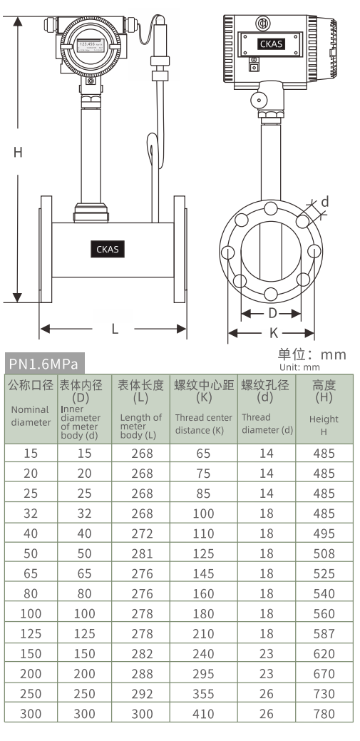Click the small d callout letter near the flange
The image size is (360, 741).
(x=325, y=202)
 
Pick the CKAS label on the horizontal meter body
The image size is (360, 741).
(x=108, y=249)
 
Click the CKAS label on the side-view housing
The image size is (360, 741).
(x=272, y=44)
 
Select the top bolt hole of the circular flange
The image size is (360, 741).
(x=272, y=209)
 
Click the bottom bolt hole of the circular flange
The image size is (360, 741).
(x=272, y=293)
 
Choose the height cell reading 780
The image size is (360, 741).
(x=324, y=714)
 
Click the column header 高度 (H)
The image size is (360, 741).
(x=324, y=391)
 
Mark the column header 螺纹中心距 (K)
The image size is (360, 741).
(x=203, y=391)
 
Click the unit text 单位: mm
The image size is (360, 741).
(x=312, y=354)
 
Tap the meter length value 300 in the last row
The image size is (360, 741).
(x=140, y=714)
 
